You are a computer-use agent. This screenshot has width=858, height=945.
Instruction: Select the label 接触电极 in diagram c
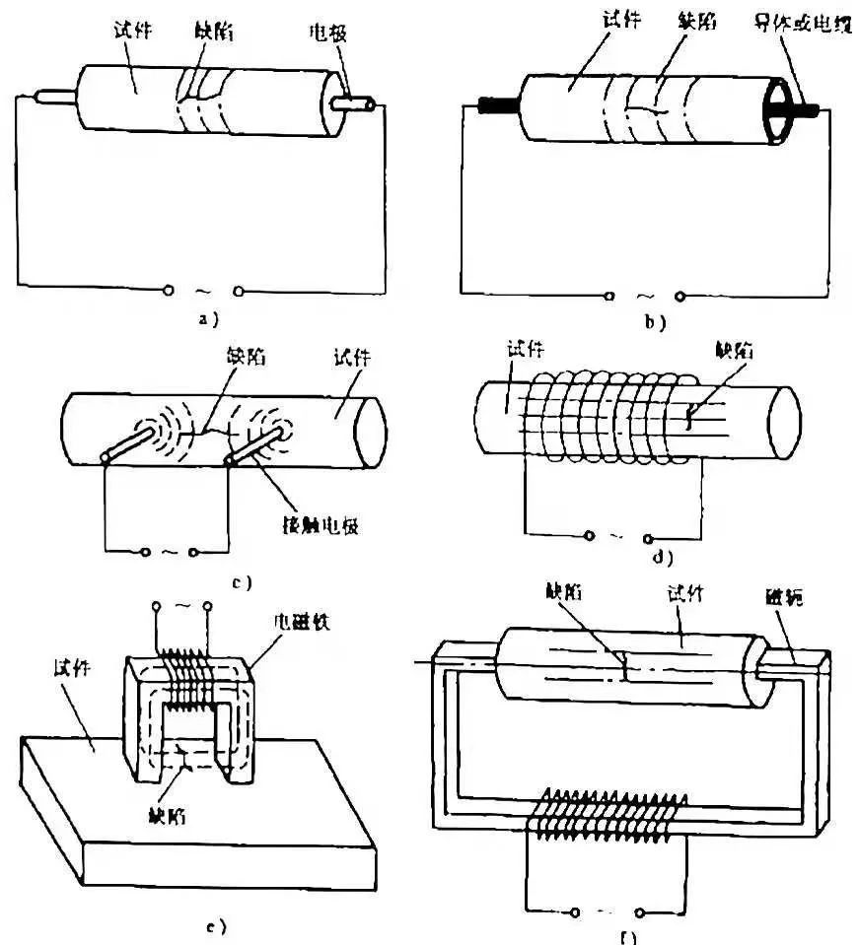(317, 524)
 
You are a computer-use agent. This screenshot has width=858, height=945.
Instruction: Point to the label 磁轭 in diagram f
(785, 598)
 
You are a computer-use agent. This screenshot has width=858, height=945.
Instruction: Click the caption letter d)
(662, 558)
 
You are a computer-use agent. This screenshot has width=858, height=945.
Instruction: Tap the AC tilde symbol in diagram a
(204, 291)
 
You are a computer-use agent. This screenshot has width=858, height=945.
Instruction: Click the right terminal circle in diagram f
(640, 914)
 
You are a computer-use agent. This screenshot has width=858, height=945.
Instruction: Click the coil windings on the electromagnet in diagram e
(187, 679)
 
